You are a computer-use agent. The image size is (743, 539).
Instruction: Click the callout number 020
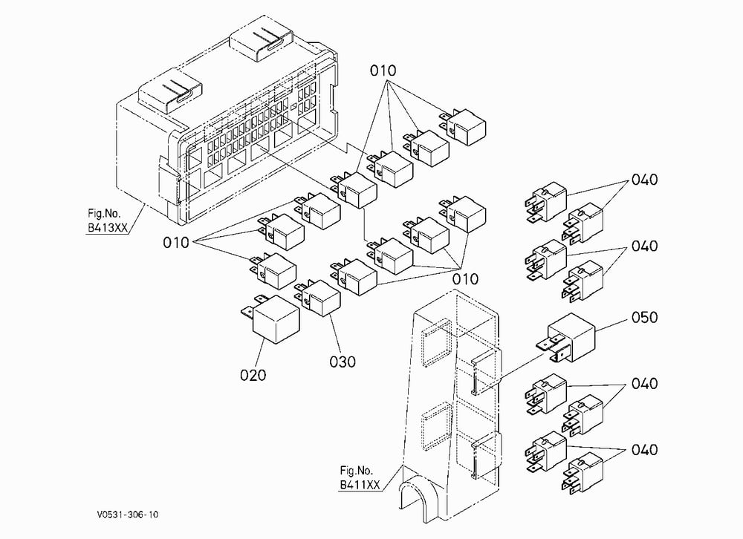coord(253,375)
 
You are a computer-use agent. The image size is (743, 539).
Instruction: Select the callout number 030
coord(343,362)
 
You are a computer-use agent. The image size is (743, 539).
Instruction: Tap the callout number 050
coord(644,317)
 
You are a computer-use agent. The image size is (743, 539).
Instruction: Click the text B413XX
coord(108,228)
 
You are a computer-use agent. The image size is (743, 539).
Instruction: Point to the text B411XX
coord(360,485)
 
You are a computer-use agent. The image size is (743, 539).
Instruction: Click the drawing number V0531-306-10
coord(128,514)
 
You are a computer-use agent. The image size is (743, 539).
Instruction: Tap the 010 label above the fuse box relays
coord(383,71)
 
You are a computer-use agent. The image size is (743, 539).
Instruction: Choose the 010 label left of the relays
coord(176,243)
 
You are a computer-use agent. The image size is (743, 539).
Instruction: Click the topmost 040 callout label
coord(644,180)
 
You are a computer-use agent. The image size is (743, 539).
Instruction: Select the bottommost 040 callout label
coord(644,449)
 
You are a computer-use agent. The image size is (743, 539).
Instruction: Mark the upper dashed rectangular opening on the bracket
coord(437,342)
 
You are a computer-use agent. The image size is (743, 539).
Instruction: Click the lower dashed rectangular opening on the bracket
coord(437,426)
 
